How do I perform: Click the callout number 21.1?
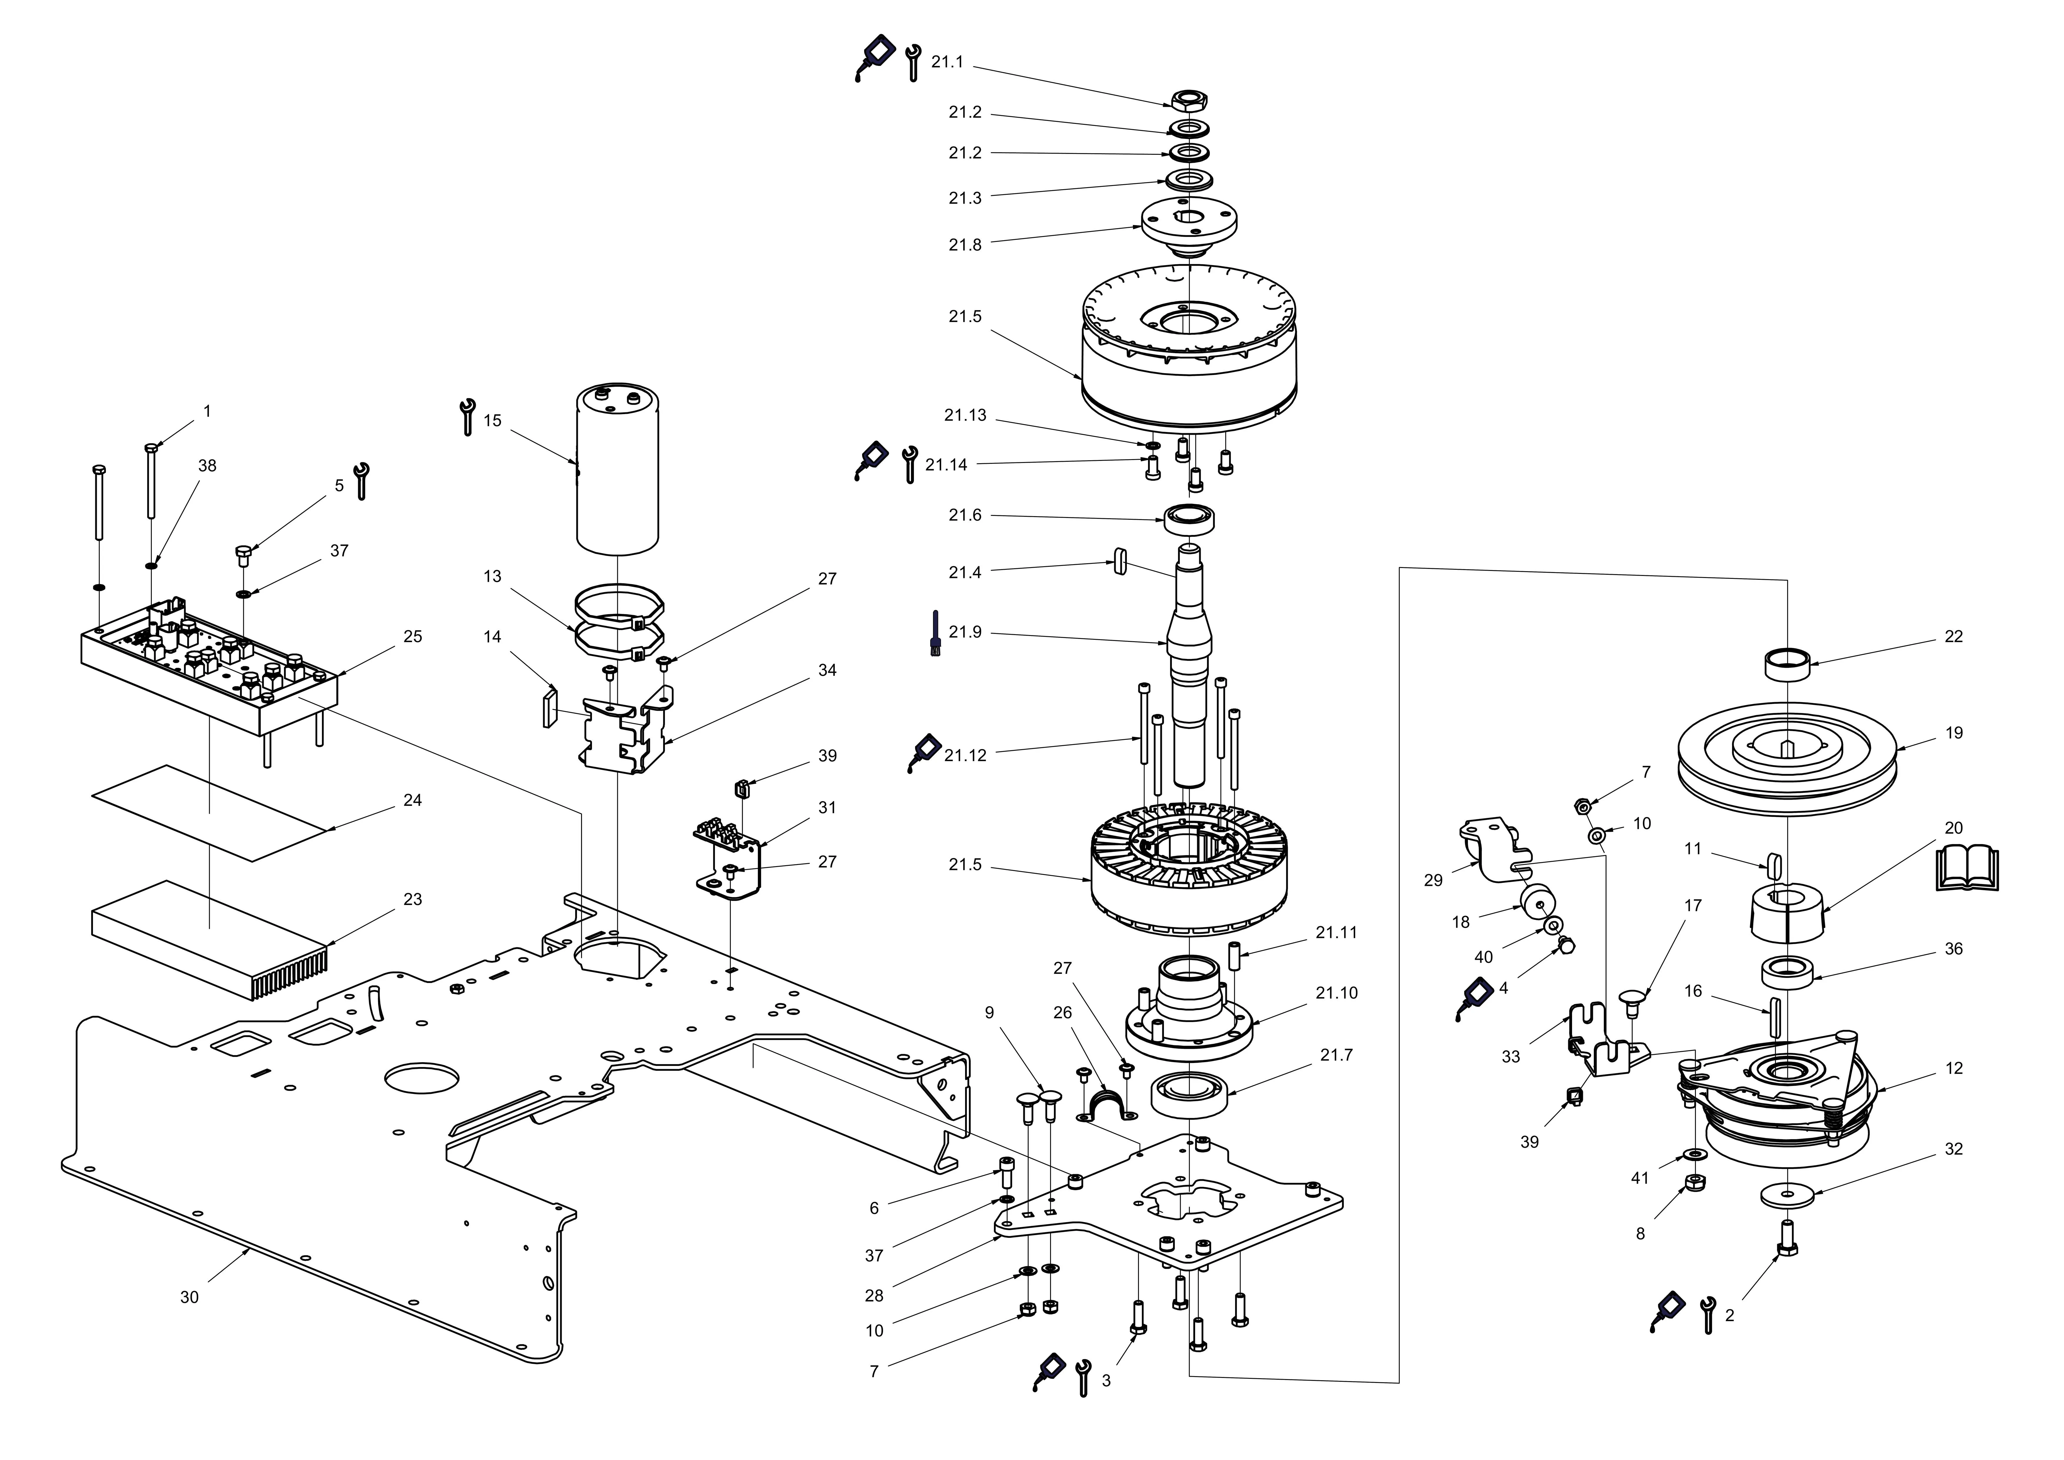(x=947, y=62)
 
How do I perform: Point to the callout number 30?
(x=189, y=1297)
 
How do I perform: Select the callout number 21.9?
(x=964, y=632)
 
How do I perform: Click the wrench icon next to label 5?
(x=361, y=481)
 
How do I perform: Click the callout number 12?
(x=1953, y=1068)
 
